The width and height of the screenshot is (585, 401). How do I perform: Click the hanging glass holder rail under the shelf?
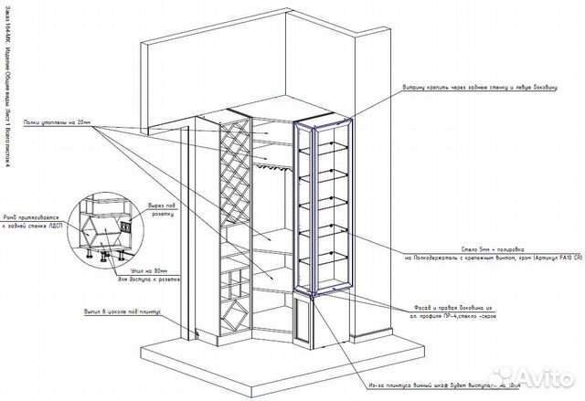(271, 166)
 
